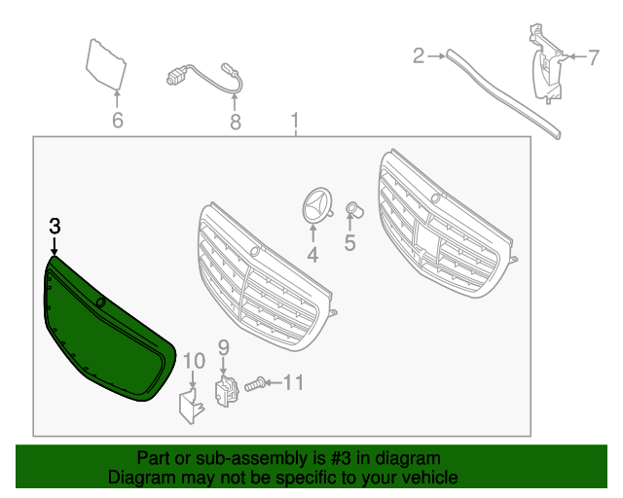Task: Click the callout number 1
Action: [295, 122]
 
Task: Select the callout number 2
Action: [419, 56]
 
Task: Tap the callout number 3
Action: [55, 226]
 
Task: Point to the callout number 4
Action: [312, 255]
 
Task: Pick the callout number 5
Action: [350, 243]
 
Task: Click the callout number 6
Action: [117, 121]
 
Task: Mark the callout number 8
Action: [235, 122]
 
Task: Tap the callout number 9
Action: [223, 346]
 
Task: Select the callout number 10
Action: [194, 361]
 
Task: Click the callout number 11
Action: [293, 383]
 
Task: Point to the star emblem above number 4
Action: [313, 203]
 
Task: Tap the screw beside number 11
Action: [255, 385]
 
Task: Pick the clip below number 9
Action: [225, 392]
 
